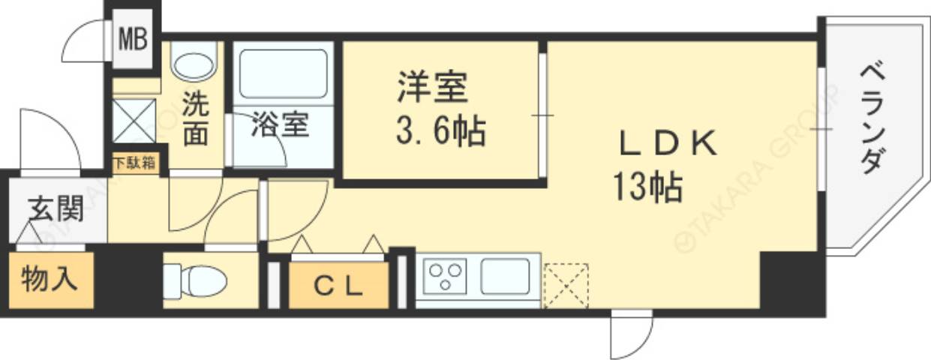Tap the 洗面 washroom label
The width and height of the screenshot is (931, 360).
pyautogui.click(x=196, y=118)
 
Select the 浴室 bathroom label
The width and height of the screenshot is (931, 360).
pyautogui.click(x=279, y=125)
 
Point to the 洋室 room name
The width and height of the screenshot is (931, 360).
pyautogui.click(x=433, y=88)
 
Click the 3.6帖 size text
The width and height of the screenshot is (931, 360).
pyautogui.click(x=440, y=133)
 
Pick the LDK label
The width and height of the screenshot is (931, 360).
pyautogui.click(x=668, y=144)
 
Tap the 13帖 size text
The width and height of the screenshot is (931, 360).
pyautogui.click(x=647, y=187)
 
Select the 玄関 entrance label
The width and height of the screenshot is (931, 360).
pyautogui.click(x=56, y=209)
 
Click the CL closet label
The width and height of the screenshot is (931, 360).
pyautogui.click(x=338, y=286)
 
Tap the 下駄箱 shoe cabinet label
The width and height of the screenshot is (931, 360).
pyautogui.click(x=135, y=163)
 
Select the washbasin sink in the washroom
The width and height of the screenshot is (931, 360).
pyautogui.click(x=194, y=60)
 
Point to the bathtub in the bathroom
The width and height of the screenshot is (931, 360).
pyautogui.click(x=283, y=73)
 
